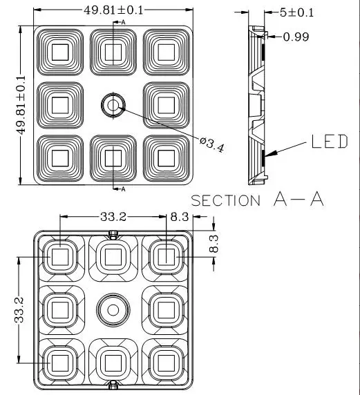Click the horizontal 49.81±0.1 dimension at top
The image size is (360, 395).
113,10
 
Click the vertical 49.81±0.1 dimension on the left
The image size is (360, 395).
21,105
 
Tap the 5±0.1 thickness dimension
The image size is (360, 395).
296,12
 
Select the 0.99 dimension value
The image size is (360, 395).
296,37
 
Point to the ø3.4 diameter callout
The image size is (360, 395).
211,144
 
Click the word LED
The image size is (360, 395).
330,142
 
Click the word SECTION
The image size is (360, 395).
226,200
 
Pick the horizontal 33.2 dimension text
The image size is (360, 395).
113,217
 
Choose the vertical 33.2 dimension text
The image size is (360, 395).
19,310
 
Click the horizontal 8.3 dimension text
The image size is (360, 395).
180,217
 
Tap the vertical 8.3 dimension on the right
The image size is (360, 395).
214,244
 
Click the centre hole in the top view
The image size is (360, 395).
113,105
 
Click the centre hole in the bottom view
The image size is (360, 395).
113,310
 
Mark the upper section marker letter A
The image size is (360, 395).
123,22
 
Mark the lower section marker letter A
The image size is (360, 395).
123,189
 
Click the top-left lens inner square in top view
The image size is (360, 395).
60,52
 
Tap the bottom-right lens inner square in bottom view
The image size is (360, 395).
167,363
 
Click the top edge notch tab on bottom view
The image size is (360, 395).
113,235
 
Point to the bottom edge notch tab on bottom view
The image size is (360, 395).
113,385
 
